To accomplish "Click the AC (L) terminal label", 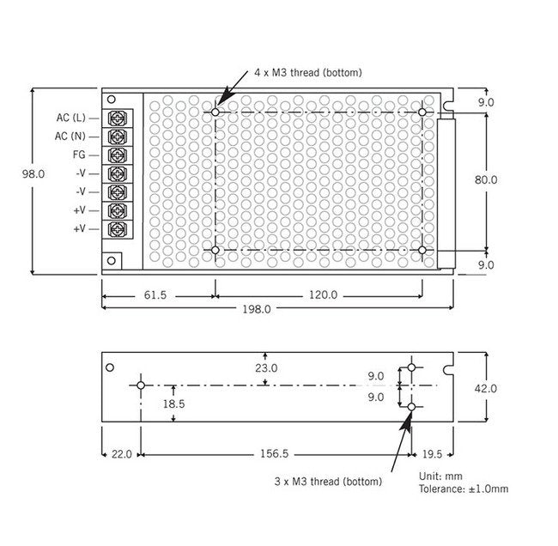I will (x=70, y=118).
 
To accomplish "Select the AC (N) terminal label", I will (x=70, y=136).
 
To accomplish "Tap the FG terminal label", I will (x=78, y=155).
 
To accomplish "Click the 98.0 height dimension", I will (x=33, y=173).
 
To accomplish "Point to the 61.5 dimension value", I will (x=155, y=294).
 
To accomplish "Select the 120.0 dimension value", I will (x=323, y=294).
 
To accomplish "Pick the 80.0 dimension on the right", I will (x=486, y=179).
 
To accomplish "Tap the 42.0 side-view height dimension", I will (x=486, y=388).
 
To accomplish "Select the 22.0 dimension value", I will (x=121, y=454).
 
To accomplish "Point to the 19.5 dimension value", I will (x=433, y=454).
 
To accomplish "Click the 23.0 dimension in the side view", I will (x=266, y=367).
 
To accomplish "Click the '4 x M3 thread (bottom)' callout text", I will (x=307, y=73).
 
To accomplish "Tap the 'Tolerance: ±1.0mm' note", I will (x=463, y=488).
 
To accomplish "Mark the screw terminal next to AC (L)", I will (x=118, y=118).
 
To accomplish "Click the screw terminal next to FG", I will (x=118, y=155).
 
